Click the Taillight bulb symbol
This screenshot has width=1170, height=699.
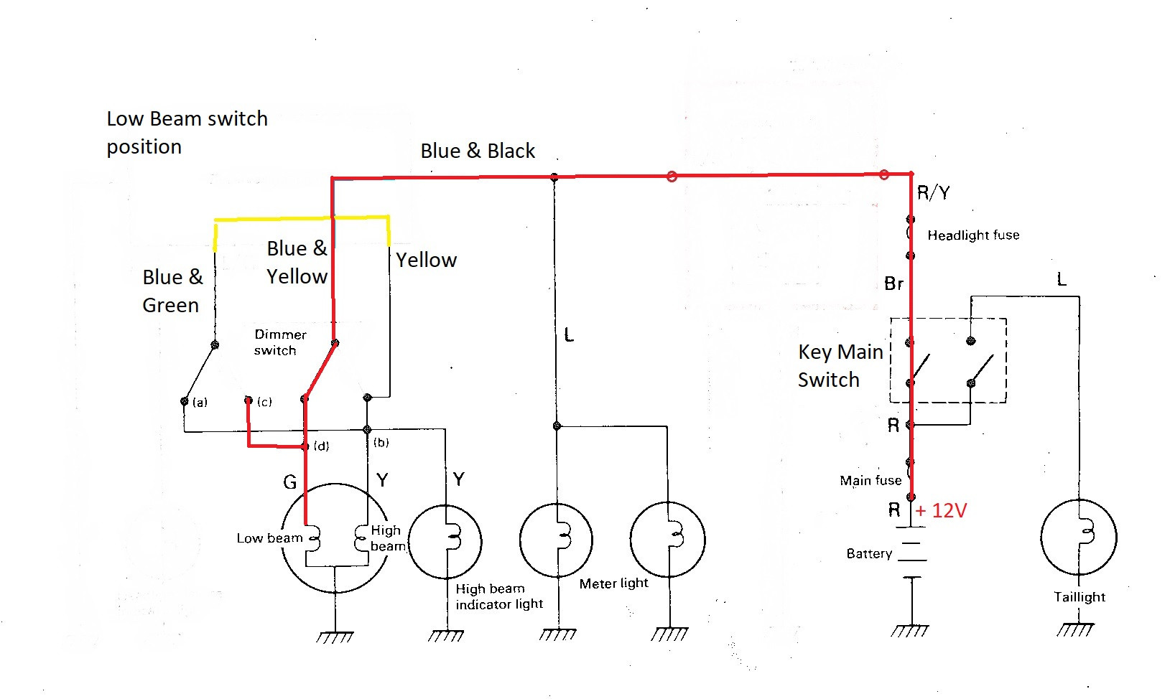1078,537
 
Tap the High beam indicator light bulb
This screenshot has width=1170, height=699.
445,541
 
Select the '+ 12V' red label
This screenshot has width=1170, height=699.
941,510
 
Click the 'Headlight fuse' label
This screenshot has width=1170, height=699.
972,235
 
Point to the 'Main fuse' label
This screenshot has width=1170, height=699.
870,480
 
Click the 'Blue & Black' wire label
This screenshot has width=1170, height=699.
478,151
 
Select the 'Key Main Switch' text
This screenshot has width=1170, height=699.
840,365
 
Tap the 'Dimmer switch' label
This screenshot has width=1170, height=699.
279,342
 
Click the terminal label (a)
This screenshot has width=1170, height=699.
200,403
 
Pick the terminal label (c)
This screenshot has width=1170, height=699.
264,402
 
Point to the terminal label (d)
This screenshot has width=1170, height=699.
321,446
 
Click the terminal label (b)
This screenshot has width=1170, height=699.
381,442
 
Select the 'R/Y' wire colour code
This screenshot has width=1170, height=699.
933,192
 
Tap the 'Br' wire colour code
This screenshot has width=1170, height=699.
893,284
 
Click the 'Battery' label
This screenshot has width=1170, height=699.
869,553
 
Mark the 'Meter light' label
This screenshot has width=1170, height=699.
613,583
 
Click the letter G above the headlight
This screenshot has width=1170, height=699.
289,482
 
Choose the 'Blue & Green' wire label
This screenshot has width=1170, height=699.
172,291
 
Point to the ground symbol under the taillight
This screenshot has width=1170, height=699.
1075,629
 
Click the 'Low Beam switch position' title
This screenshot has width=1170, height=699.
187,132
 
